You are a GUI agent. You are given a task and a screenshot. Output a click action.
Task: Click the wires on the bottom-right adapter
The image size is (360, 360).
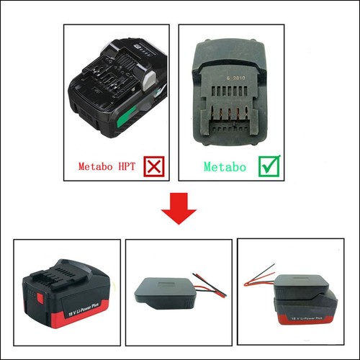pos(259,274)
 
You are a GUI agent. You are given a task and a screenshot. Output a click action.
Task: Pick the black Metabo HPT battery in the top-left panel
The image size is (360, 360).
pos(115,90)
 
